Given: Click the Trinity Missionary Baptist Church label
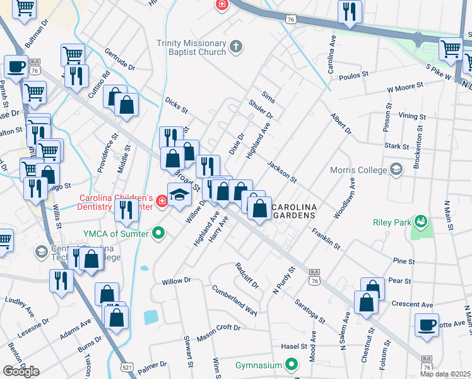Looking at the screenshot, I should coord(191,48).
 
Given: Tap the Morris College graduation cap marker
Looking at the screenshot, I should coord(396,169).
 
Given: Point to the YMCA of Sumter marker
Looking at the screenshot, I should coord(159,234).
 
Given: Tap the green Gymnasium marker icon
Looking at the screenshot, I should coord(292,364).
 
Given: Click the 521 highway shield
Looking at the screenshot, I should coord(127,366).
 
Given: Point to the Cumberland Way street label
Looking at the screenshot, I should coord(235,301).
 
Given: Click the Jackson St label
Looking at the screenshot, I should coord(281,171).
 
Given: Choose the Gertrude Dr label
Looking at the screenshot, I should coord(120,59).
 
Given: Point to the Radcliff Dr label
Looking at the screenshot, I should coord(247,275).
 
